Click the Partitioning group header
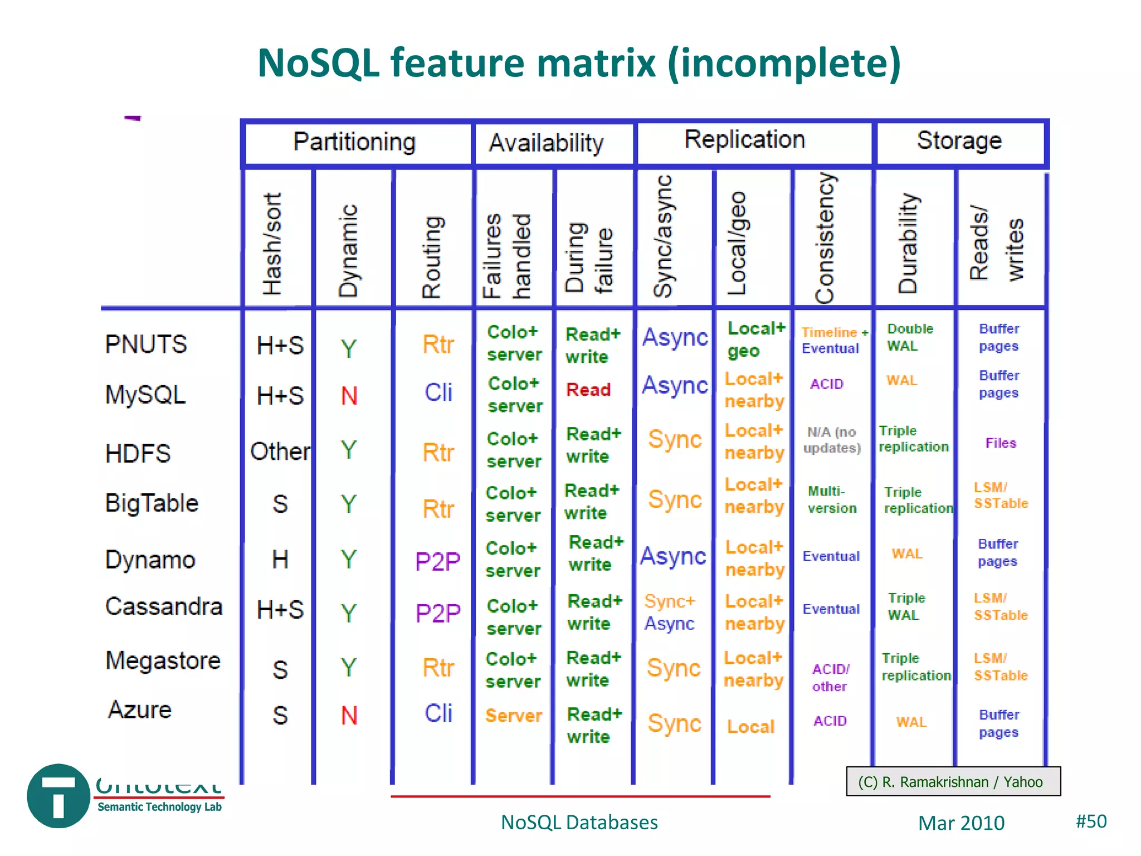tap(355, 142)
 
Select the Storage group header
tap(959, 140)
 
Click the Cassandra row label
tap(164, 606)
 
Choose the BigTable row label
tap(152, 503)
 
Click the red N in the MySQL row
tap(349, 396)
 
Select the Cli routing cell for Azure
tap(438, 714)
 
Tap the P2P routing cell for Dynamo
tap(438, 561)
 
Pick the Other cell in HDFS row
tap(280, 451)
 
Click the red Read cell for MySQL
tap(588, 390)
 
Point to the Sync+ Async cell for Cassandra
tap(670, 612)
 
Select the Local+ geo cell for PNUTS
tap(755, 339)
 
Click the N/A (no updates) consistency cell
tap(831, 440)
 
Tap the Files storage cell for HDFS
tap(1001, 444)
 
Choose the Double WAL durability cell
tap(909, 337)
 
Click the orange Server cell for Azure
tap(513, 716)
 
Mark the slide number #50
tap(1091, 821)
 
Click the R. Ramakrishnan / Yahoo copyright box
tap(953, 782)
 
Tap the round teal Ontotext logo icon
tap(58, 796)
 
